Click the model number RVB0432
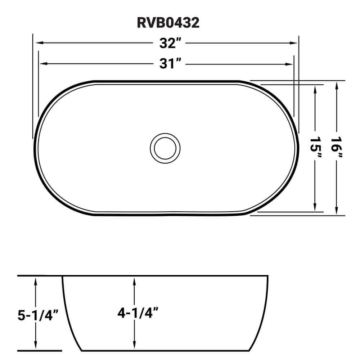[168, 23]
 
